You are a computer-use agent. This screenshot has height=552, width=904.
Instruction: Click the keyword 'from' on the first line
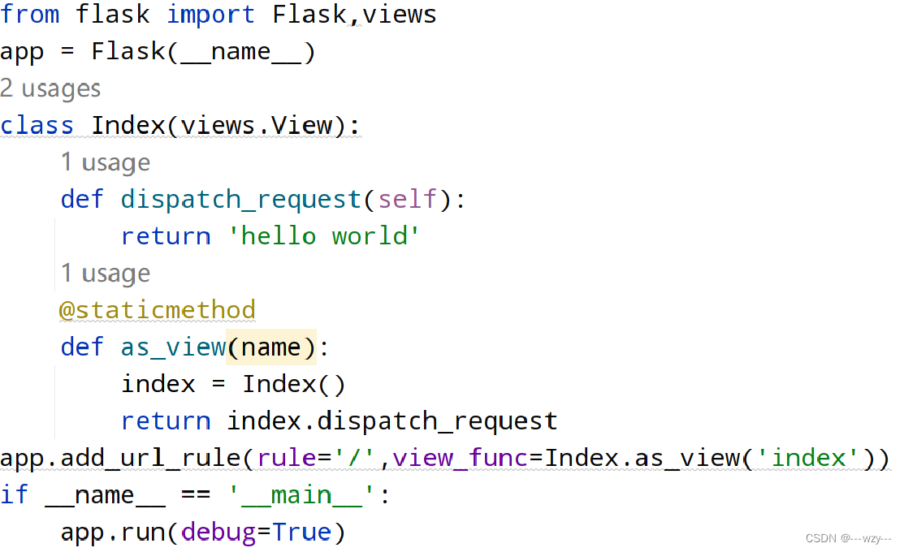coord(30,14)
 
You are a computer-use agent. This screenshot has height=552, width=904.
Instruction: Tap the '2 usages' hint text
coord(50,88)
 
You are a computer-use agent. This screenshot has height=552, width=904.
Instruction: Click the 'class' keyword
coord(37,126)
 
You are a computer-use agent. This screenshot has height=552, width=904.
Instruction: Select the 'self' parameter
coord(407,200)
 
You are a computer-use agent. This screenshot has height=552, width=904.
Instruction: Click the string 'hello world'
coord(323,236)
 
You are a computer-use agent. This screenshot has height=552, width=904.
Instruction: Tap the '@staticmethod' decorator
coord(158,310)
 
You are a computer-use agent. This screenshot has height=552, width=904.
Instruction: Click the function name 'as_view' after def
coord(173,347)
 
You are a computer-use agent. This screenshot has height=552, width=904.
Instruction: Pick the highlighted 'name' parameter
coord(271,347)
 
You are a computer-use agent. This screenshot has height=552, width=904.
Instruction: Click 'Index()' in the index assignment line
coord(293,384)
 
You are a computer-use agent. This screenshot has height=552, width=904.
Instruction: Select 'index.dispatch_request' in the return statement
coord(391,421)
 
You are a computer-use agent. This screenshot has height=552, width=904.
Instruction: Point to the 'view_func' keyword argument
coord(460,459)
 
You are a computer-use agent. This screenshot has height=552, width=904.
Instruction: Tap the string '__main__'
coord(301,495)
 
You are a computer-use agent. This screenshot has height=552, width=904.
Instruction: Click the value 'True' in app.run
coord(301,533)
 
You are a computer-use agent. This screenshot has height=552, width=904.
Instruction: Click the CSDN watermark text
coord(849,538)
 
